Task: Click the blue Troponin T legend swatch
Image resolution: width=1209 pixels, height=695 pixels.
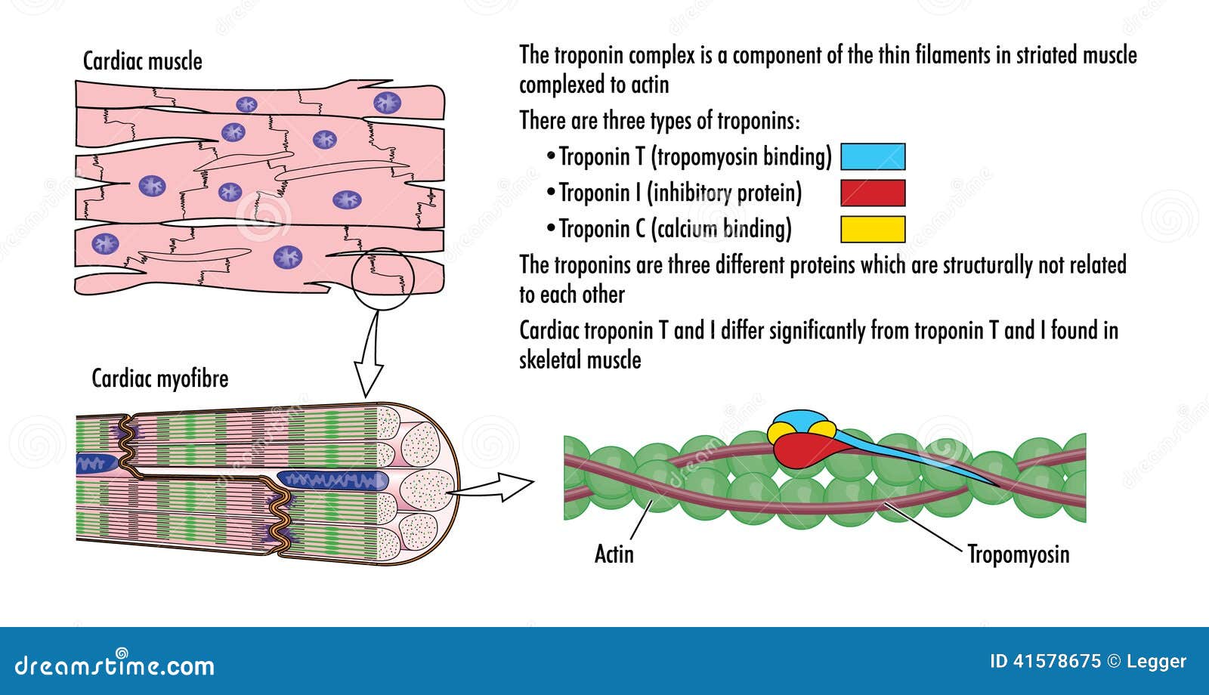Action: pos(873,156)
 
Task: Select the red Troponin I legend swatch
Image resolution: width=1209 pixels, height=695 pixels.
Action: pos(873,193)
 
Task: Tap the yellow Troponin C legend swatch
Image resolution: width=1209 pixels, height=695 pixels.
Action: pos(873,229)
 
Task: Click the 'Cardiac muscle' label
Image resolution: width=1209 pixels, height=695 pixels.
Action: pos(142,61)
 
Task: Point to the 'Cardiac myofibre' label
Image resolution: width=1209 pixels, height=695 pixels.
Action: pos(159,378)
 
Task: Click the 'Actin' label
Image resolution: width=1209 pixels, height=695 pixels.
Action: pos(614,554)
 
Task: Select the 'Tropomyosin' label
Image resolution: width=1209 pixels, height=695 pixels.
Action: pos(1018,554)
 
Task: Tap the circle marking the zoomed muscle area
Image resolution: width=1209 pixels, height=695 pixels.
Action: pos(383,278)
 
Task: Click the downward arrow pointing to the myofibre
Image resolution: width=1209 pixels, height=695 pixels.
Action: pos(369,355)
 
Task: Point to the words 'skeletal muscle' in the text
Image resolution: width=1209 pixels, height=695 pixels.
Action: pos(580,360)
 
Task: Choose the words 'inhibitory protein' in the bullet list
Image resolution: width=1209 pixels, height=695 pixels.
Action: pos(725,193)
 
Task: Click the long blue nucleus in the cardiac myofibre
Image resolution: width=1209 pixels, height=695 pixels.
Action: pos(332,480)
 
